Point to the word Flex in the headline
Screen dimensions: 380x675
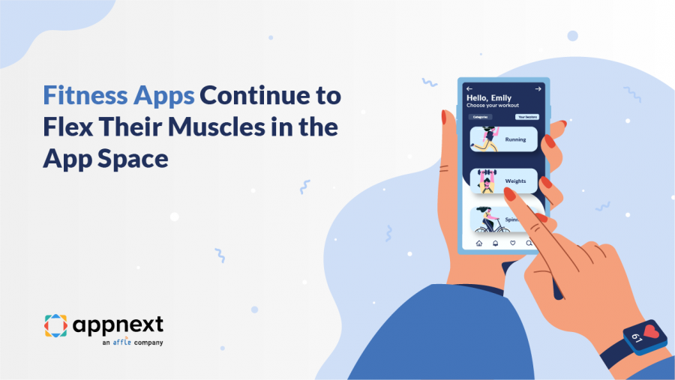click(66, 127)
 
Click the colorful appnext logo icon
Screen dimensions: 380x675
click(55, 326)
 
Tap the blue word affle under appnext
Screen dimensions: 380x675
click(121, 343)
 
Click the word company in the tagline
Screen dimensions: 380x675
click(148, 343)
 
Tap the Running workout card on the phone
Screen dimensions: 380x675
click(503, 139)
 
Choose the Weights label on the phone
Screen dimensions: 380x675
click(515, 181)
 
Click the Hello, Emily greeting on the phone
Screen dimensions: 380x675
click(489, 97)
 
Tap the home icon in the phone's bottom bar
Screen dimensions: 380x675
click(479, 243)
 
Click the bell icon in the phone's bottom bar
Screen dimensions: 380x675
click(496, 243)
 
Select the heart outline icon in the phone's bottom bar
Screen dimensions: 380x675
click(513, 243)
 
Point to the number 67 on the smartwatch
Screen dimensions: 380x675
click(637, 339)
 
